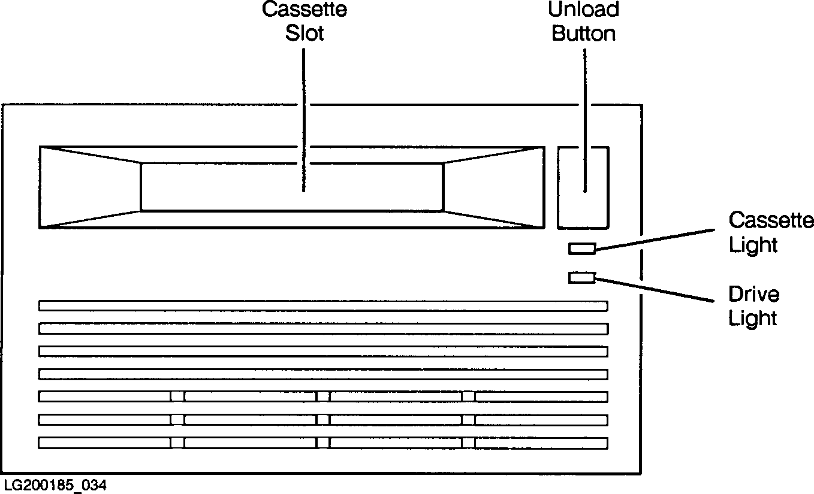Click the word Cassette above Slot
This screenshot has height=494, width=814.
pyautogui.click(x=305, y=10)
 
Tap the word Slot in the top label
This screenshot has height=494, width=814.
pyautogui.click(x=305, y=33)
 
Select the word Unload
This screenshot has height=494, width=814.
pyautogui.click(x=584, y=10)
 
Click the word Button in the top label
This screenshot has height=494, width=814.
pyautogui.click(x=584, y=33)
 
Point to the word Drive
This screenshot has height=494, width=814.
pyautogui.click(x=754, y=295)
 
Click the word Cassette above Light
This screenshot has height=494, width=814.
pyautogui.click(x=771, y=221)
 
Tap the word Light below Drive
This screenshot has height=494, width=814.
pyautogui.click(x=753, y=319)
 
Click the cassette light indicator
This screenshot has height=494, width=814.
pyautogui.click(x=581, y=248)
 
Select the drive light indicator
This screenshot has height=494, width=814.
pyautogui.click(x=581, y=277)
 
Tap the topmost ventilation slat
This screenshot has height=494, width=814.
pyautogui.click(x=323, y=306)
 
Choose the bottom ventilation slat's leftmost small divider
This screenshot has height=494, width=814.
pyautogui.click(x=177, y=443)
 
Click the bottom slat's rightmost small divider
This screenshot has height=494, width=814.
pyautogui.click(x=468, y=443)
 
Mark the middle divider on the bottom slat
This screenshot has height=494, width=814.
pyautogui.click(x=323, y=443)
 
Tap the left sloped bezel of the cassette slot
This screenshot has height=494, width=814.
pyautogui.click(x=90, y=187)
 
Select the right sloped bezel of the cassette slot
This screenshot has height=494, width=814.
pyautogui.click(x=493, y=187)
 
